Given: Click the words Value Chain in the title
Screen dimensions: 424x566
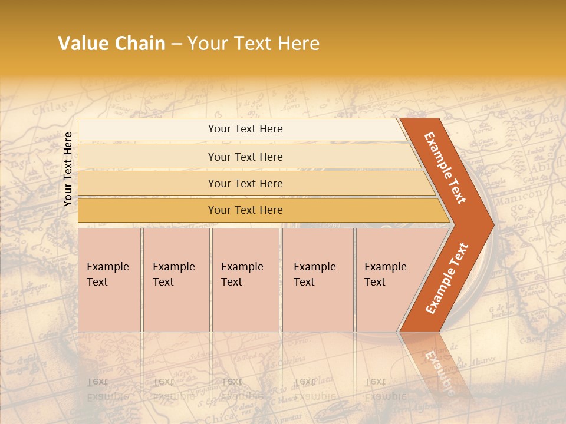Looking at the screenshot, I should pos(111,44).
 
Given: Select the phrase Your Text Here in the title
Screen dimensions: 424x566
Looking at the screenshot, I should pos(254,44).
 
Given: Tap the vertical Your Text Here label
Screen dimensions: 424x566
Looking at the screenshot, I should pos(68,169).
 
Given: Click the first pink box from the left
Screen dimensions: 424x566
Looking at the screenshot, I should pos(109,280).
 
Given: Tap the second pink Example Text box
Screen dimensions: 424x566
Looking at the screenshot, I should pos(176,280).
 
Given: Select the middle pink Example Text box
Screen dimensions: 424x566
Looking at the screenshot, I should pos(245,280).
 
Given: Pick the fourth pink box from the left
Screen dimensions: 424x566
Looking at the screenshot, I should pos(317,280).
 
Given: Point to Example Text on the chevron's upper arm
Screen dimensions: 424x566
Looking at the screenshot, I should pos(445,168).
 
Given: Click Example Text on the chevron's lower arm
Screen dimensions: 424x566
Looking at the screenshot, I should pos(446,279).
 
